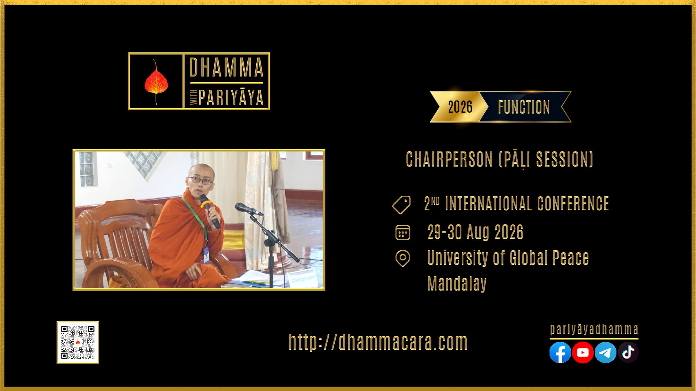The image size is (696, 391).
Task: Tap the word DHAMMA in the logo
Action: tap(226, 67)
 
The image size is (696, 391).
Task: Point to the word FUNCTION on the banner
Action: tap(524, 107)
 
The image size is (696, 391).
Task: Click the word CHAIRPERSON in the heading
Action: tap(449, 159)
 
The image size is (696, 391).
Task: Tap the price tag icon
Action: tap(401, 205)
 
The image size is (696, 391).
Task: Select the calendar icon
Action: tap(403, 232)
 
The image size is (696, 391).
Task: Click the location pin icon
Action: tap(403, 258)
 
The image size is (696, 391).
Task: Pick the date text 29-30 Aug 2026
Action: tap(475, 232)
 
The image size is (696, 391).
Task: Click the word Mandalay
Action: tap(457, 283)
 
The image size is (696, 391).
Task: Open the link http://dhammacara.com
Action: tap(378, 342)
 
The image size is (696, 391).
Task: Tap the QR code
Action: tap(78, 342)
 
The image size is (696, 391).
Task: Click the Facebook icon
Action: tap(560, 352)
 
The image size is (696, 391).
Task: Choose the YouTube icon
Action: tap(583, 352)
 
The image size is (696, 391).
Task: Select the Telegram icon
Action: tap(606, 352)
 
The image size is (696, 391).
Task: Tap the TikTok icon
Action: tap(628, 352)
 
